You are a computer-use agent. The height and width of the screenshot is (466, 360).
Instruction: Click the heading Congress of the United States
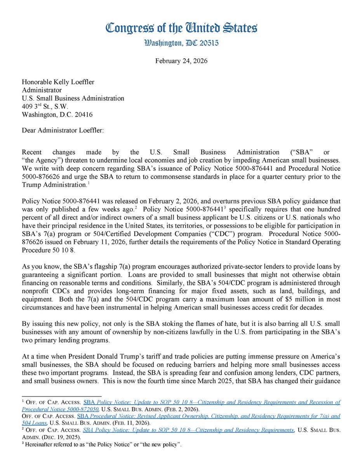pos(181,28)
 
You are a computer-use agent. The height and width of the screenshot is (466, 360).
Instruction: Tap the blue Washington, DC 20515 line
pos(181,43)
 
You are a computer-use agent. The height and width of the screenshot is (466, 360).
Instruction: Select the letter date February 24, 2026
pos(181,61)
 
